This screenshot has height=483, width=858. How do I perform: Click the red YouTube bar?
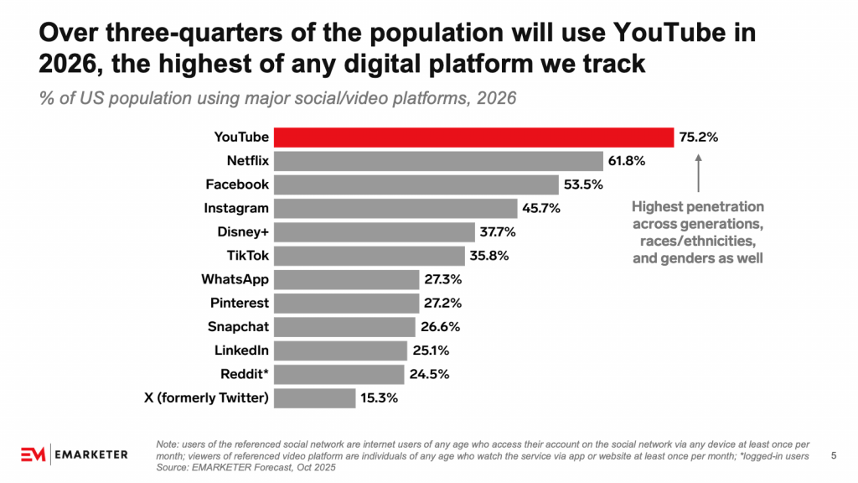[x=474, y=137]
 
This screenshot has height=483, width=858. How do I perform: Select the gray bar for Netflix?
[x=439, y=160]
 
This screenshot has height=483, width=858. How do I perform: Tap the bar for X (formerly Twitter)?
[x=315, y=397]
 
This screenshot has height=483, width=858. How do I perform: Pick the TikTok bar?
[x=370, y=255]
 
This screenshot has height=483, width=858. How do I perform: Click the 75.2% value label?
[x=698, y=137]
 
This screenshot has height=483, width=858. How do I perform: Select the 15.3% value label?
[x=378, y=397]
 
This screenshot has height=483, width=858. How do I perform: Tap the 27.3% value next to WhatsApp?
[x=442, y=279]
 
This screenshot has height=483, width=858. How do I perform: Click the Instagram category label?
[x=236, y=208]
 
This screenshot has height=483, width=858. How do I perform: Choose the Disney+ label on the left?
[x=243, y=231]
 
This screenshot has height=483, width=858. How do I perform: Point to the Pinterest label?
[x=240, y=303]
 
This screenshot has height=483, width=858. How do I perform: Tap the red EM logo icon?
[x=32, y=454]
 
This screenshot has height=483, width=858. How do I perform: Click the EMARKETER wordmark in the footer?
[x=91, y=454]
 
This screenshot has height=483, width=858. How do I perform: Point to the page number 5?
[x=833, y=455]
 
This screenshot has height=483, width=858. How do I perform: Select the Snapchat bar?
[x=345, y=326]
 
